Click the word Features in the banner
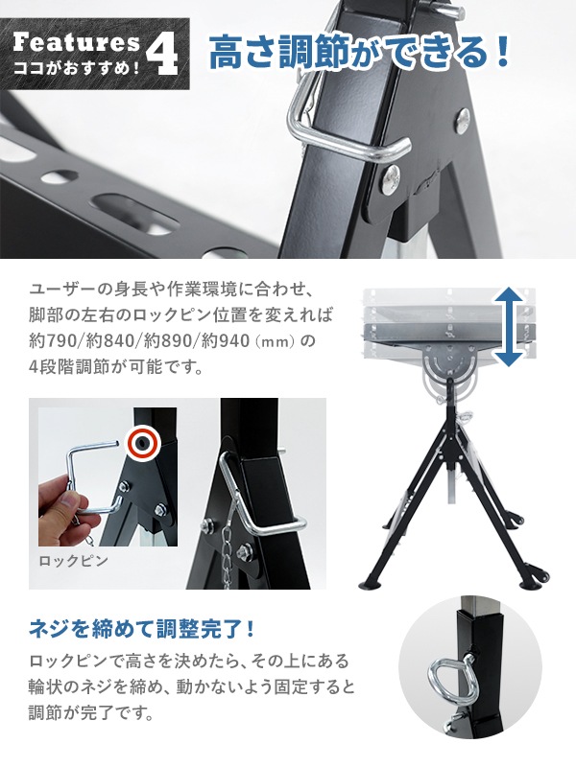click(x=77, y=43)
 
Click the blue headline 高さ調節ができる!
click(x=360, y=53)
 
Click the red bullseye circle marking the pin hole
click(x=143, y=443)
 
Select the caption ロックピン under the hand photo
click(x=74, y=561)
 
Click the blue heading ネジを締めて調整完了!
click(x=142, y=629)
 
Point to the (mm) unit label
click(x=275, y=341)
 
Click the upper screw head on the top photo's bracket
click(x=463, y=119)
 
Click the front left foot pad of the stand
click(x=372, y=583)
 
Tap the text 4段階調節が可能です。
click(x=116, y=367)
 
